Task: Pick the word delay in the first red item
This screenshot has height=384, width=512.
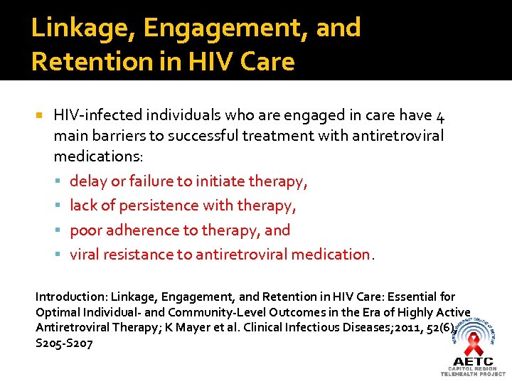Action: pos(88,181)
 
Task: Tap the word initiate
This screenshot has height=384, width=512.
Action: pos(221,181)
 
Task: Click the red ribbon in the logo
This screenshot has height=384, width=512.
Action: pos(473,345)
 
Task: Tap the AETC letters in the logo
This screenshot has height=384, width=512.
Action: pos(474,361)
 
